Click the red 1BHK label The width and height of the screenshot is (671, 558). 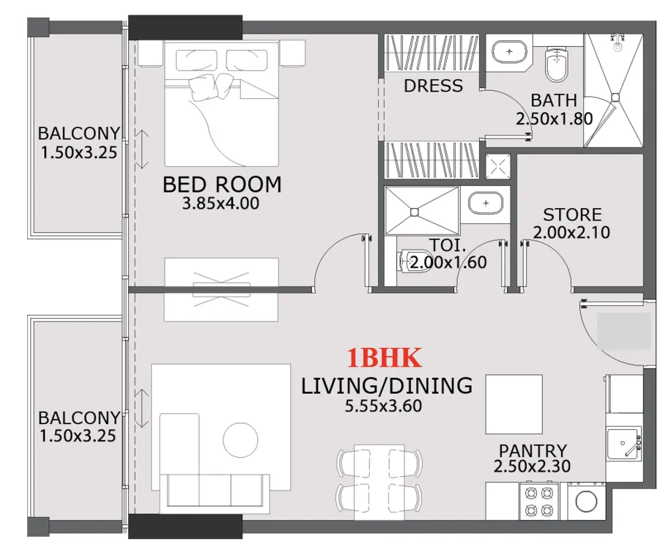click(x=384, y=358)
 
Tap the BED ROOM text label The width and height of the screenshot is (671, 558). click(x=222, y=185)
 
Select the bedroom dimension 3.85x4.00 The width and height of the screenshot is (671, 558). click(x=220, y=204)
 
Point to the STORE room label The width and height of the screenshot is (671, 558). click(x=572, y=215)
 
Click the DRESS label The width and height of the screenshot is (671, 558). click(x=433, y=86)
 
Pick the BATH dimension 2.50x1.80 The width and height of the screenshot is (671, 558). click(x=555, y=119)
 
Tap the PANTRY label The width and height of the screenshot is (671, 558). click(x=533, y=450)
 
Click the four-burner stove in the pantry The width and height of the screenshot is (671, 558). click(x=539, y=502)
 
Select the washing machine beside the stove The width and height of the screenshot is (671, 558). click(x=586, y=501)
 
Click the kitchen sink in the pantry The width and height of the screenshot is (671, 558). click(x=624, y=443)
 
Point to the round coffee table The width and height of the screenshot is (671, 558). click(x=240, y=440)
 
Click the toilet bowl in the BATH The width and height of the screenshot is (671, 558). click(x=557, y=64)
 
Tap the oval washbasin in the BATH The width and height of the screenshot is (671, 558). click(x=509, y=52)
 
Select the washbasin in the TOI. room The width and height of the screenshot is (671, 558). click(x=485, y=203)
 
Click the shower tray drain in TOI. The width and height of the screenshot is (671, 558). click(x=414, y=212)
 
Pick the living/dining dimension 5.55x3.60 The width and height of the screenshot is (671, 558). click(x=383, y=406)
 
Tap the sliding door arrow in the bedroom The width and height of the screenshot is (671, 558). click(x=141, y=149)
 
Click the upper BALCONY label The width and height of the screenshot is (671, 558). click(x=78, y=133)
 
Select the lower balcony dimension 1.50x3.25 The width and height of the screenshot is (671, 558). click(x=78, y=436)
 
